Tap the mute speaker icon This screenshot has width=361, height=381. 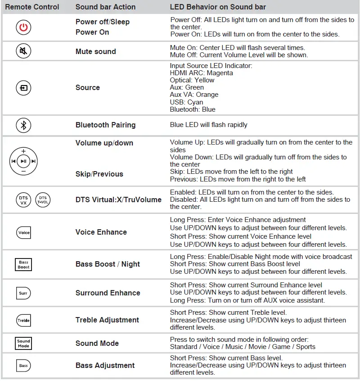coord(23,51)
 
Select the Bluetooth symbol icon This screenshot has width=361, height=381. coord(23,125)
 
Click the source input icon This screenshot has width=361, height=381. coord(23,88)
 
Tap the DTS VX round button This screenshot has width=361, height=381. coord(23,200)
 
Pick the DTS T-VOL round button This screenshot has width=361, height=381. coord(43,200)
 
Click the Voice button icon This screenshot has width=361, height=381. coord(23,232)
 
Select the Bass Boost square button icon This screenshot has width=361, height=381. coord(23,264)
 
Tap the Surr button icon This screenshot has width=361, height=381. coord(23,293)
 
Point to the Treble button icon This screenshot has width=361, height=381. coord(23,320)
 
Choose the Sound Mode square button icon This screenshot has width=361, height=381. coord(23,343)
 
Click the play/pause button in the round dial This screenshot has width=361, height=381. coord(23,161)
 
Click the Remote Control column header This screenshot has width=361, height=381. coord(32,7)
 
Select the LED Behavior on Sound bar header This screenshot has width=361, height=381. coord(218,7)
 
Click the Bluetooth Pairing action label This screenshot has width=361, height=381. coord(105,125)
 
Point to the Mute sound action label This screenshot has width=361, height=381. coord(95,51)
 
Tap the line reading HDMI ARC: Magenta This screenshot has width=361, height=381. coord(201,73)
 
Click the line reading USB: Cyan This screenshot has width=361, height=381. coord(186,102)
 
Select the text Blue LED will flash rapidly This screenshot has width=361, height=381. coord(208,125)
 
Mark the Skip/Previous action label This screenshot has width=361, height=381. coord(99,174)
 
